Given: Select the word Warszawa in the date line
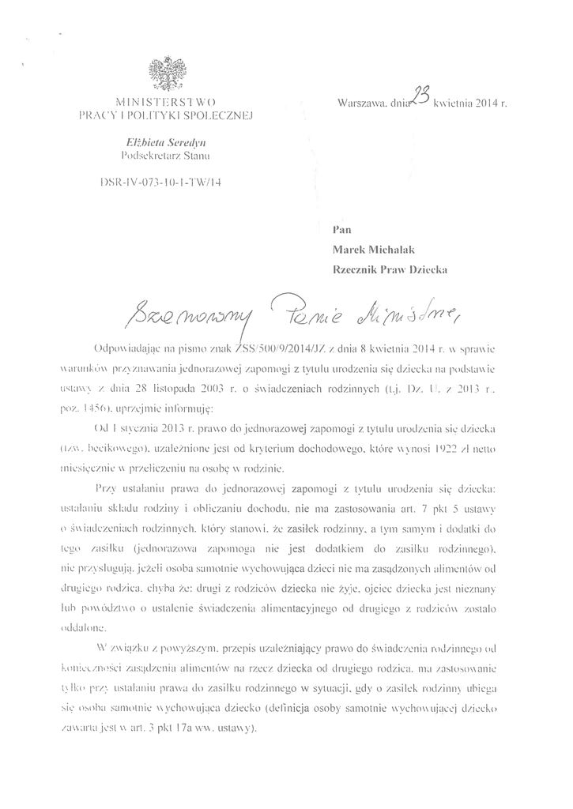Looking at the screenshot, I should (x=361, y=103).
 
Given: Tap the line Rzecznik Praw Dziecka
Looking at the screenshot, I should (x=391, y=269).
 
